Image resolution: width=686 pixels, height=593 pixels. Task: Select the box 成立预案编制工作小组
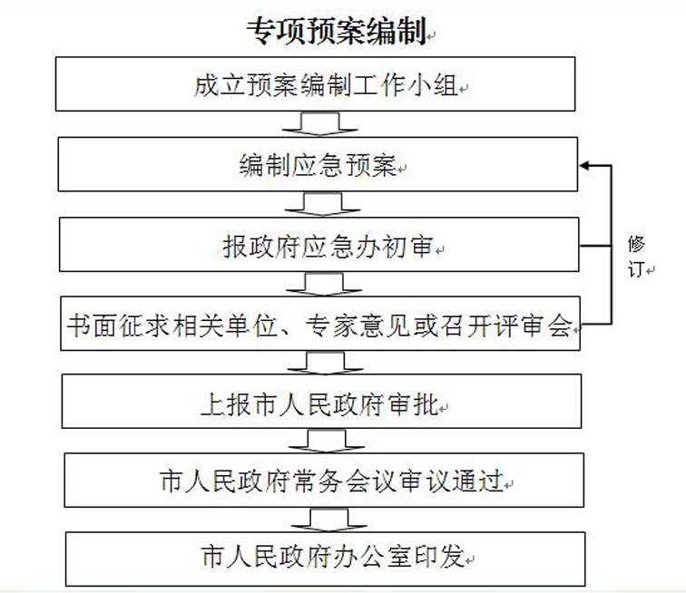click(x=318, y=85)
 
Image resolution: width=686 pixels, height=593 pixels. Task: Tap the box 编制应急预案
click(x=318, y=165)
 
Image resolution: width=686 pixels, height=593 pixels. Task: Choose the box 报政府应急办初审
click(x=318, y=245)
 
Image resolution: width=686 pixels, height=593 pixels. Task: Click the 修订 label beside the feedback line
click(x=638, y=257)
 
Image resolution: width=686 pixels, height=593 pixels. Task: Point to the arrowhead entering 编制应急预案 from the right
click(x=585, y=165)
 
